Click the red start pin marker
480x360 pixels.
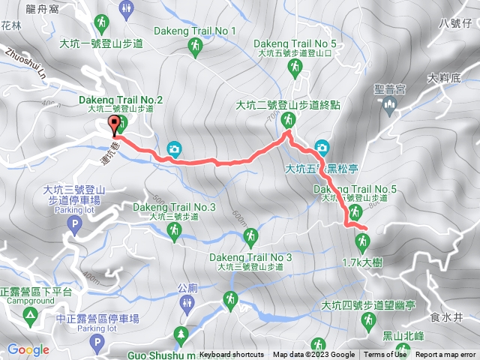point(114,125)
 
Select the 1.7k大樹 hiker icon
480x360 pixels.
point(363,241)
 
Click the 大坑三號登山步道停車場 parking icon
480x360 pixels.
point(73,223)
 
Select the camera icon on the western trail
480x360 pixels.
point(174,148)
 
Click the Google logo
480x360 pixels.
point(28,349)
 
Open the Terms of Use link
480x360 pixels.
point(385,355)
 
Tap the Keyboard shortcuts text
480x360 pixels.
point(232,355)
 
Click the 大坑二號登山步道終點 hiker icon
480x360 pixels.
point(287,120)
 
